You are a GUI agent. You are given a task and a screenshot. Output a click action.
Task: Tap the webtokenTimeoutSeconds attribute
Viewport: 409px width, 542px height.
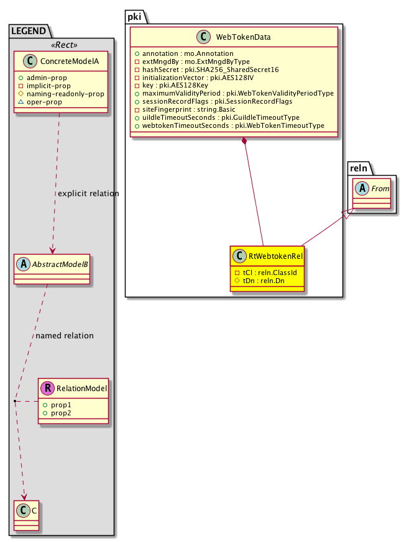229,125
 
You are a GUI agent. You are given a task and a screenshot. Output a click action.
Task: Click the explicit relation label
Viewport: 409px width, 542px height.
88,194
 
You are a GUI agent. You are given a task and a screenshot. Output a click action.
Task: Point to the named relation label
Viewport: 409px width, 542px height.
65,336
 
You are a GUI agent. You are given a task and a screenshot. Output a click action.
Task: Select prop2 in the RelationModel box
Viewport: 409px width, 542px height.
61,413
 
